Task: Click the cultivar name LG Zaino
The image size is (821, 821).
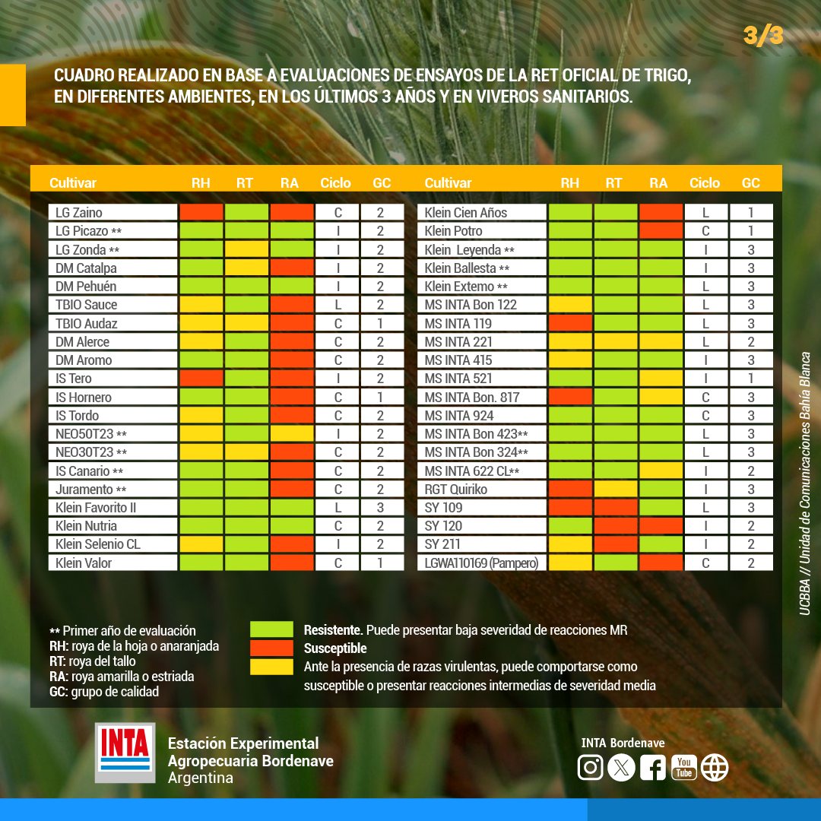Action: coord(79,213)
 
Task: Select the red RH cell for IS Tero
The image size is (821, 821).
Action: coord(201,378)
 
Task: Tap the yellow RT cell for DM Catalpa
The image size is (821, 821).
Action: coord(246,268)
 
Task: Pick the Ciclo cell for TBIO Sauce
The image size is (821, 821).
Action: coord(338,305)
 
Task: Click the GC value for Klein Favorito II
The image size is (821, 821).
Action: coord(381,507)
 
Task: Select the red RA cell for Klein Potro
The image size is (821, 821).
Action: coord(661,230)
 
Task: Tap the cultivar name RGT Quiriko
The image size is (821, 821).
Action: coord(455,489)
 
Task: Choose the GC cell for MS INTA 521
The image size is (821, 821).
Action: coord(751,378)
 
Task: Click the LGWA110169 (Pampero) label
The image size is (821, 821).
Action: coord(481,563)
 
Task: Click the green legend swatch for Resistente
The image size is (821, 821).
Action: coord(271,629)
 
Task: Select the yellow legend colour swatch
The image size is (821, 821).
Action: coord(271,667)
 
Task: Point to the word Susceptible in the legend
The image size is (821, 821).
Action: coord(335,648)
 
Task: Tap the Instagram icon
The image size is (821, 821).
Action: coord(590,768)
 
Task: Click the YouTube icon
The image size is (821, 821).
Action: coord(684,768)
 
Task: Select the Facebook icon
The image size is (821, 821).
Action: coord(653,768)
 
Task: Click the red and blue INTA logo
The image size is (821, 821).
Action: coord(125,753)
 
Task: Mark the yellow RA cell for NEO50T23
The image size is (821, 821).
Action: coord(292,433)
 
